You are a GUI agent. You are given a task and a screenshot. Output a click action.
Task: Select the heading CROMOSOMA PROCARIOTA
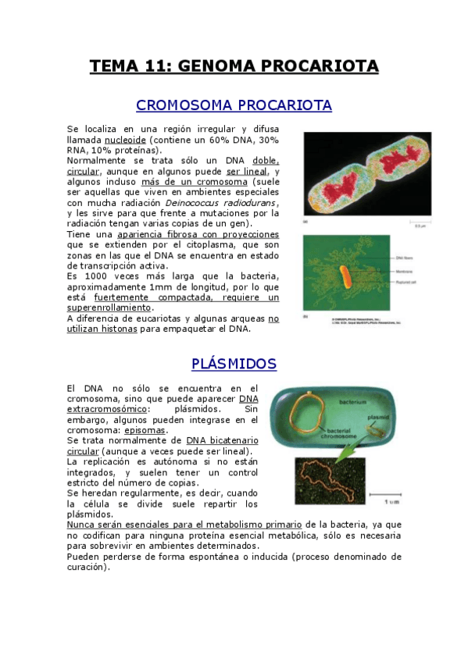pos(234,105)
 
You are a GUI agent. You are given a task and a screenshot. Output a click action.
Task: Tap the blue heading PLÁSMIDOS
pos(234,365)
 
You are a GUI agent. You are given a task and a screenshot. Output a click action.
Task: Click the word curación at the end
pos(87,568)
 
